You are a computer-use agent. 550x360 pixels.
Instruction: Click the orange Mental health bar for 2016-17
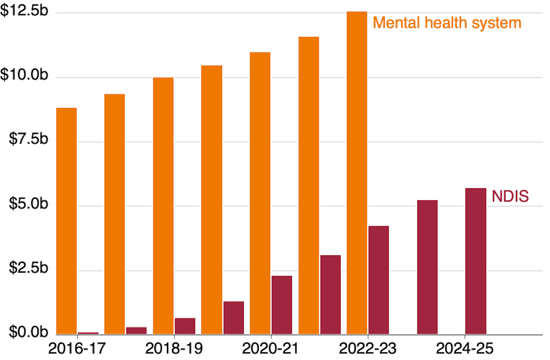tap(66, 221)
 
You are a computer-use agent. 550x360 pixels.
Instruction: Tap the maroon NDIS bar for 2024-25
tap(476, 261)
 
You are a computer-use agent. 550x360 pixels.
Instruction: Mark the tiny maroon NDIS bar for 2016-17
tap(88, 333)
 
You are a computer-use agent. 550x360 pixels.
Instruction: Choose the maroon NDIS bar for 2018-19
tap(185, 326)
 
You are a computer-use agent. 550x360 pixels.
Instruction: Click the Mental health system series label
tap(447, 23)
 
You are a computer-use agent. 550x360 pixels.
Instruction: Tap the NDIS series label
tap(510, 197)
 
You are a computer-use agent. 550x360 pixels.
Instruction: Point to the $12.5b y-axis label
tap(24, 11)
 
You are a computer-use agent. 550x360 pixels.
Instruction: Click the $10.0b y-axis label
tap(24, 75)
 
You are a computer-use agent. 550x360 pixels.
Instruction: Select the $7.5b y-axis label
tap(28, 139)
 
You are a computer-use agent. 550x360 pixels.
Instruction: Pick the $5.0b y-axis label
tap(28, 204)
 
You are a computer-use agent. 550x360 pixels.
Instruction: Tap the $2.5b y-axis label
tap(28, 268)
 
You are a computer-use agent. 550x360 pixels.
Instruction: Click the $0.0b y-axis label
tap(28, 332)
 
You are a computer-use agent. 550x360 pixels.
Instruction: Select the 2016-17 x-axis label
tap(77, 349)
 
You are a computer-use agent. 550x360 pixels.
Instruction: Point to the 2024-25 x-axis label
tap(465, 349)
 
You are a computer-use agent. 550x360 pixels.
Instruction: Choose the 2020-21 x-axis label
tap(271, 349)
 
